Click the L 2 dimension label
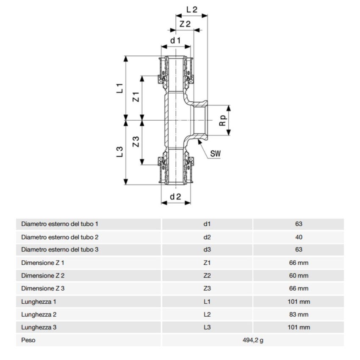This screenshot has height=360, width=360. pos(192,9)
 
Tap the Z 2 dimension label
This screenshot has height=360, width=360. pos(185,25)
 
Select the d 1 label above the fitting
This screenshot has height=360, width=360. pos(176,40)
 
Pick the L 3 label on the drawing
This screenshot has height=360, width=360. pos(120,152)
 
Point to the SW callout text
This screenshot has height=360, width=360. pos(216,153)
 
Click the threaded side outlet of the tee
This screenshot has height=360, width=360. pos(200,120)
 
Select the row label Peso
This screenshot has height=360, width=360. pos(28,340)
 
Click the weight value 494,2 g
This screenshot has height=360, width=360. pos(252,340)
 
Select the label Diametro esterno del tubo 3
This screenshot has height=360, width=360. pos(60,249)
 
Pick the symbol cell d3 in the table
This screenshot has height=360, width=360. pos(207,249)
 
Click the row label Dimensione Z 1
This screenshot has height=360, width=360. pos(43,263)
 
